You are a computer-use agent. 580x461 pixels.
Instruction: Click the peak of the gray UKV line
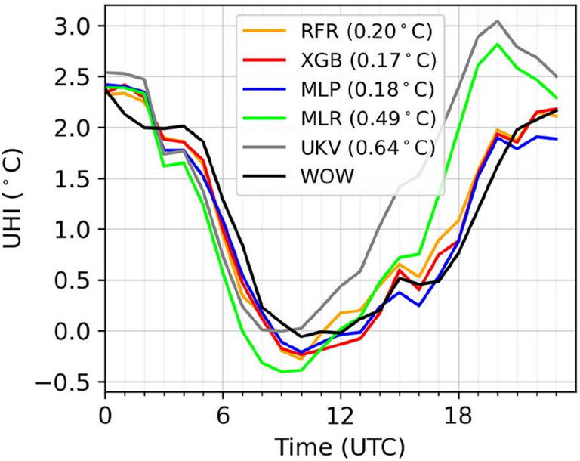497,21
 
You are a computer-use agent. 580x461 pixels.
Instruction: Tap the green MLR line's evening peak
497,44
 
